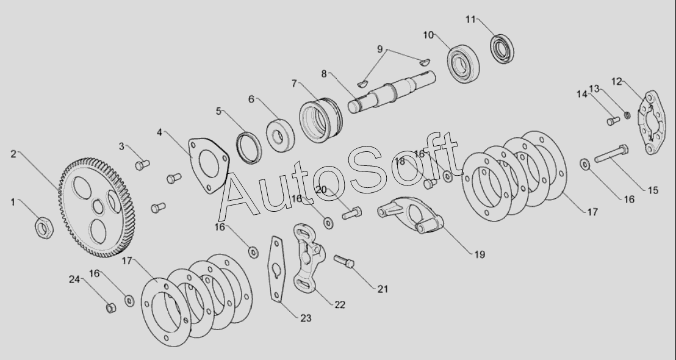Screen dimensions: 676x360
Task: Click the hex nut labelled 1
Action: pyautogui.click(x=43, y=228)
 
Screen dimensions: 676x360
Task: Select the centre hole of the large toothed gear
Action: pyautogui.click(x=98, y=207)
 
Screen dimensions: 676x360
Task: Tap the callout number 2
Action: pyautogui.click(x=13, y=154)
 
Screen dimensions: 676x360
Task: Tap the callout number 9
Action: pyautogui.click(x=380, y=49)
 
